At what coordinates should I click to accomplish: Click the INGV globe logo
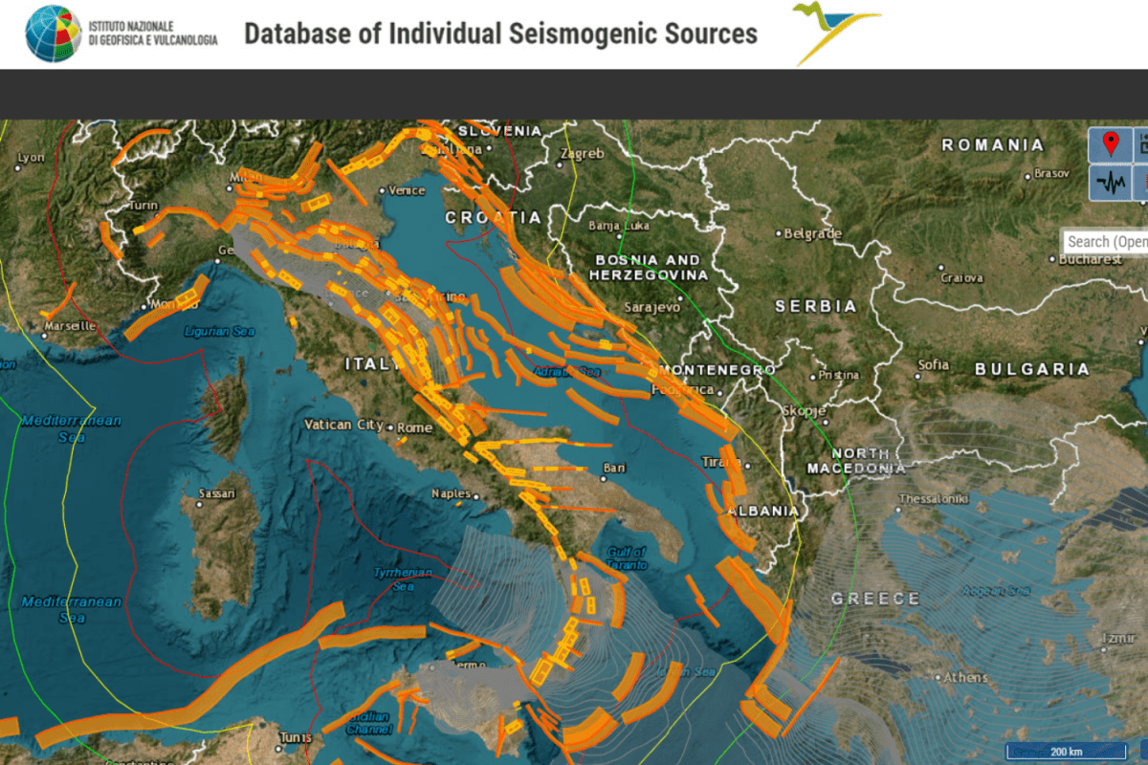coord(54,33)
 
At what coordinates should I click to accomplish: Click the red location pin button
coord(1111,144)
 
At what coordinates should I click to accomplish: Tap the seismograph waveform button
coord(1111,183)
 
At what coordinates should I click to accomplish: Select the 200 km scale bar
coord(1065,751)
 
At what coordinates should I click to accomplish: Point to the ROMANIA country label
coord(993,145)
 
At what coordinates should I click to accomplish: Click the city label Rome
coord(414,427)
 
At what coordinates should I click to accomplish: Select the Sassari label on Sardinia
coord(216,493)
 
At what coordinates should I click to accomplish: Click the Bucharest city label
coord(1091,259)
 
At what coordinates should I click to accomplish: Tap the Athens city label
coord(965,678)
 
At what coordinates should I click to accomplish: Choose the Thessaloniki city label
coord(934,498)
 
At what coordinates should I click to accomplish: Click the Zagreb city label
coord(582,153)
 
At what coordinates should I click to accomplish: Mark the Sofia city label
coord(933,364)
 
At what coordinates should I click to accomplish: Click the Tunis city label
coord(295,737)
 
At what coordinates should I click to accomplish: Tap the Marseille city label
coord(70,325)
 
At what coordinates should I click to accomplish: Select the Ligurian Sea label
coord(220,332)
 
